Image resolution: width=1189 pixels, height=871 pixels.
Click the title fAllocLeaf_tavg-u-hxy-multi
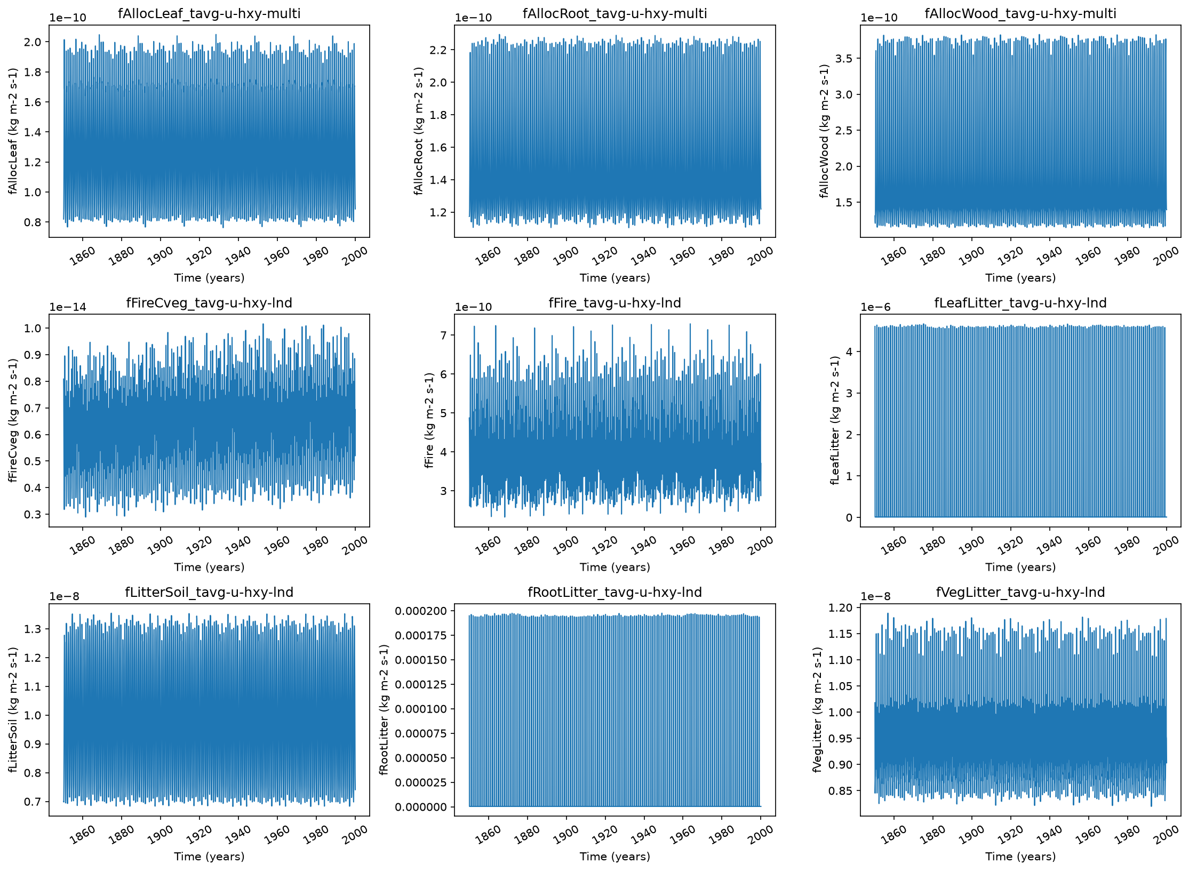[209, 13]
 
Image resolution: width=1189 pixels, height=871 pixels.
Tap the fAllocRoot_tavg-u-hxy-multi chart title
[615, 13]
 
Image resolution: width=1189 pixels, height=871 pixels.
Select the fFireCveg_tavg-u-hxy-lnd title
[209, 303]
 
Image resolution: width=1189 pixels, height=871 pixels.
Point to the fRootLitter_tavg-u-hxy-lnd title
[615, 592]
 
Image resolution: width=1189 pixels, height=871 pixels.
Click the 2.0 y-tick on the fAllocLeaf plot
[33, 42]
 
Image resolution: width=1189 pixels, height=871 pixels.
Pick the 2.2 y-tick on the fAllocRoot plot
[438, 50]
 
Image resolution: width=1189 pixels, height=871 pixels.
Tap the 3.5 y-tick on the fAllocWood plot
[844, 59]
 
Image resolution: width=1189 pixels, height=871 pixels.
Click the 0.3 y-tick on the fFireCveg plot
[33, 515]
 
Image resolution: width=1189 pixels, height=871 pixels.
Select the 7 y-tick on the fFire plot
[443, 335]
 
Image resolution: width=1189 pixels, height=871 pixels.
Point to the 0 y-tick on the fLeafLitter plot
[849, 517]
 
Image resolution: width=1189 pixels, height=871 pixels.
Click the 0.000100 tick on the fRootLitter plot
[421, 709]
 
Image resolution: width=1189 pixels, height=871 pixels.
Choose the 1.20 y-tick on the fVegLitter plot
[841, 608]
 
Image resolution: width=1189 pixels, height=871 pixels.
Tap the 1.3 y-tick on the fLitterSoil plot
[33, 629]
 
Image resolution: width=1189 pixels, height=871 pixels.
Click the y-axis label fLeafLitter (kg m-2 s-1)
[835, 420]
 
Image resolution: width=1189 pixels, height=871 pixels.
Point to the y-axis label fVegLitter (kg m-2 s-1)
[817, 710]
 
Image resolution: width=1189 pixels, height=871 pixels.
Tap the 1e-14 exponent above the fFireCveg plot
[68, 307]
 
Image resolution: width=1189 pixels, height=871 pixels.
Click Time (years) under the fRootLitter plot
[615, 857]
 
